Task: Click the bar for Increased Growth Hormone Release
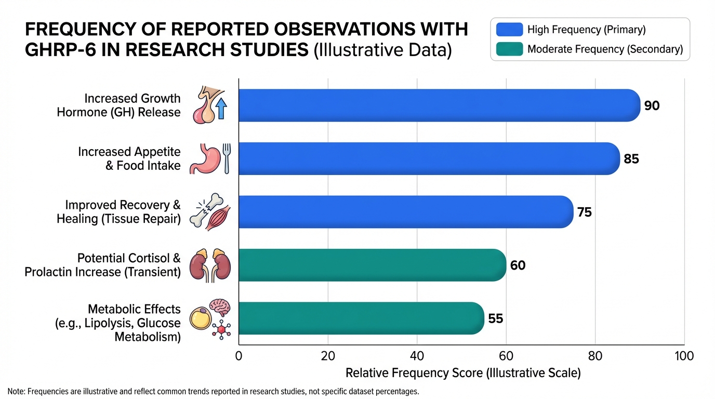[440, 105]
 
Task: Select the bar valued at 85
[429, 158]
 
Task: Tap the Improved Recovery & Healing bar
[406, 212]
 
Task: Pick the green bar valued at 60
[373, 265]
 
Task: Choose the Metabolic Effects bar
[361, 318]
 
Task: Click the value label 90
[652, 105]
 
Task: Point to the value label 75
[585, 212]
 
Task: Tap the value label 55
[496, 318]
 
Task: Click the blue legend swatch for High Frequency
[509, 30]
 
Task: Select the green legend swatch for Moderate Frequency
[509, 49]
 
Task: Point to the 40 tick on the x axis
[417, 356]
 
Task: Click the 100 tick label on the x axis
[684, 356]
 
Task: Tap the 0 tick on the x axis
[239, 356]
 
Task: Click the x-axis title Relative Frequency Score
[463, 373]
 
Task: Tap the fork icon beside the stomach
[227, 158]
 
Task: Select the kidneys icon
[210, 265]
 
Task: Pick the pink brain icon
[220, 307]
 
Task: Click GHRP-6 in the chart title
[60, 50]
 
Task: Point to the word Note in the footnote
[16, 392]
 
